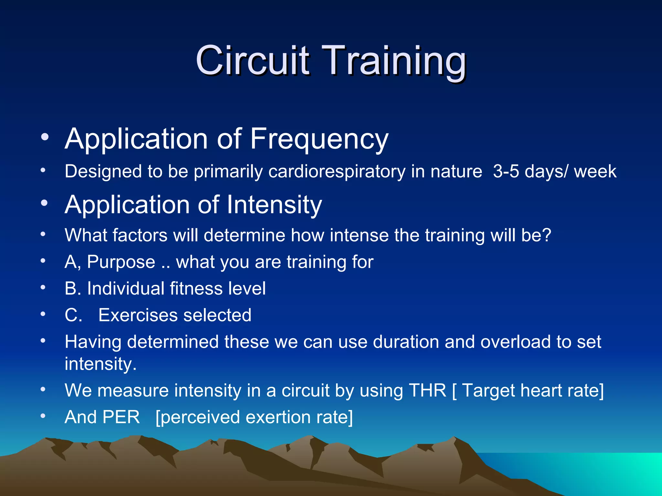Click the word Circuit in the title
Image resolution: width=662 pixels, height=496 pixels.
coord(252,60)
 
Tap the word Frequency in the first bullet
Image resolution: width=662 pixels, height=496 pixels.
coord(319,139)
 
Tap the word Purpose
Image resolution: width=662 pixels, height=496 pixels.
coord(121,262)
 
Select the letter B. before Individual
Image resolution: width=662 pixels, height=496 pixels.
coord(73,289)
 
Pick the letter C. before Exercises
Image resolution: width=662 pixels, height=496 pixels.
coord(73,315)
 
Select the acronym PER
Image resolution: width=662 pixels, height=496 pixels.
coord(121,417)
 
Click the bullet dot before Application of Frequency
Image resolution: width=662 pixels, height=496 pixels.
coord(45,137)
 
